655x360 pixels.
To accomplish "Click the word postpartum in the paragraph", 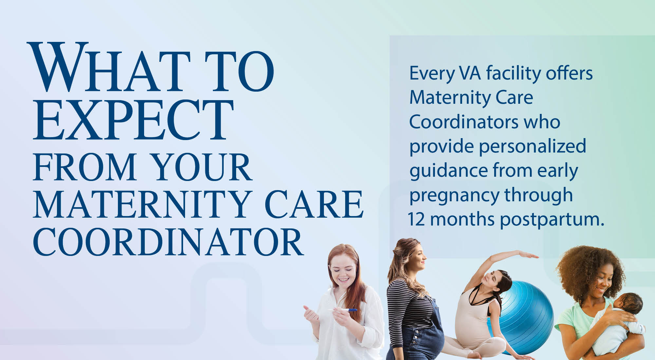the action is point(552,220).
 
